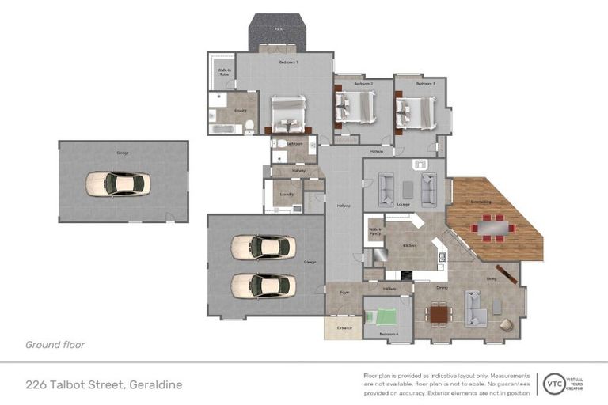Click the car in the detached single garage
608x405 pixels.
pyautogui.click(x=116, y=184)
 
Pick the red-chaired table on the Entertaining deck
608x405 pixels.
pyautogui.click(x=494, y=228)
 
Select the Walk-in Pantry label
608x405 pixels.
pyautogui.click(x=375, y=232)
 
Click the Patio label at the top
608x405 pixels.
pyautogui.click(x=279, y=29)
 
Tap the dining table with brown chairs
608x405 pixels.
pyautogui.click(x=439, y=314)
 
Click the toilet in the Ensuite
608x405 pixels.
pyautogui.click(x=248, y=127)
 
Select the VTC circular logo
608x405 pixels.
pyautogui.click(x=550, y=384)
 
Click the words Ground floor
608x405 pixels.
pyautogui.click(x=55, y=345)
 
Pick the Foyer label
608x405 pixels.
pyautogui.click(x=344, y=292)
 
